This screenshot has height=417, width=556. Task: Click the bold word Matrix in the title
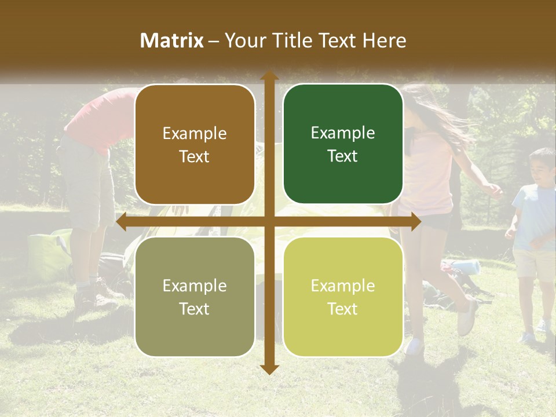point(172,41)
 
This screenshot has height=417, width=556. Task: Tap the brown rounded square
point(195,144)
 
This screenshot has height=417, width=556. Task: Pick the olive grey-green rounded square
point(195,297)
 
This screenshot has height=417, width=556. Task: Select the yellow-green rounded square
point(343,297)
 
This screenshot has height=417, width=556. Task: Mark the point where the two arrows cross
point(269,222)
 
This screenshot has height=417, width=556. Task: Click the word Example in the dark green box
point(343,133)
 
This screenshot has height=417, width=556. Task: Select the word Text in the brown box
point(195,156)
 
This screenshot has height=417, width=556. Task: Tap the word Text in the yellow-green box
point(343,309)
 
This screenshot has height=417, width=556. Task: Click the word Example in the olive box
point(195,286)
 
